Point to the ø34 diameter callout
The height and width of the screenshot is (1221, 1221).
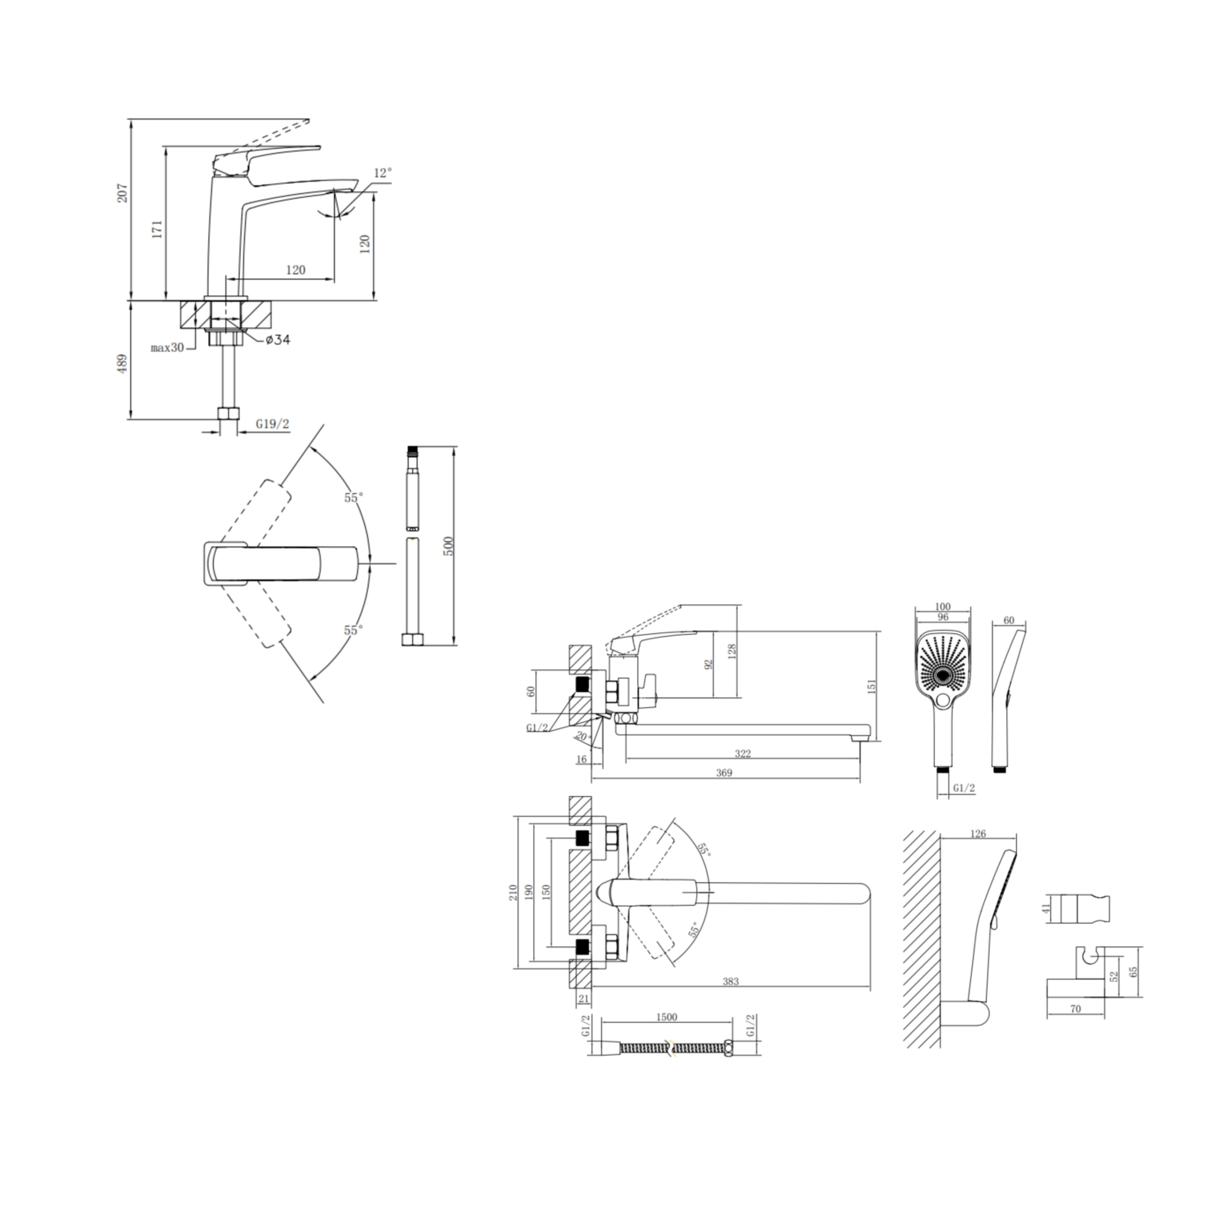[x=277, y=340]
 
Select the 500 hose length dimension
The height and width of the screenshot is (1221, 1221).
[x=448, y=546]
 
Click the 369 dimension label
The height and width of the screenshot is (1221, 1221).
[x=724, y=773]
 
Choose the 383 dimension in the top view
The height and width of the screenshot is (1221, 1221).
[x=730, y=981]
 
